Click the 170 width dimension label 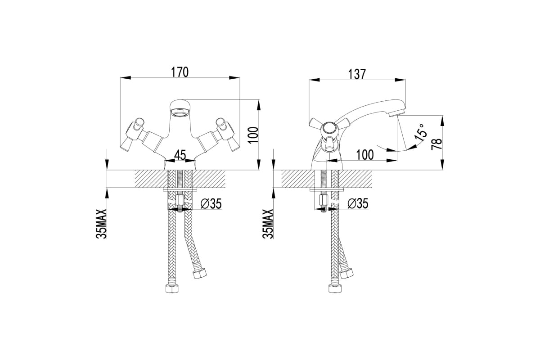[180, 72]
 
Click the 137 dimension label [357, 74]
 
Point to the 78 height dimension [436, 144]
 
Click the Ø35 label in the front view [211, 204]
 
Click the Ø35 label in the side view [358, 204]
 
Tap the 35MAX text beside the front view [101, 224]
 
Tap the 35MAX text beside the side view [268, 224]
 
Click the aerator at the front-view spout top [179, 112]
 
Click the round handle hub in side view [328, 129]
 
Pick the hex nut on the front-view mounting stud [180, 199]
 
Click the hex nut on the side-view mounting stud [323, 199]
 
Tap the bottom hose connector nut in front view [172, 288]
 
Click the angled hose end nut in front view [200, 273]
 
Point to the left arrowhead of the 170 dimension [126, 78]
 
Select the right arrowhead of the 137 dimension [400, 80]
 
